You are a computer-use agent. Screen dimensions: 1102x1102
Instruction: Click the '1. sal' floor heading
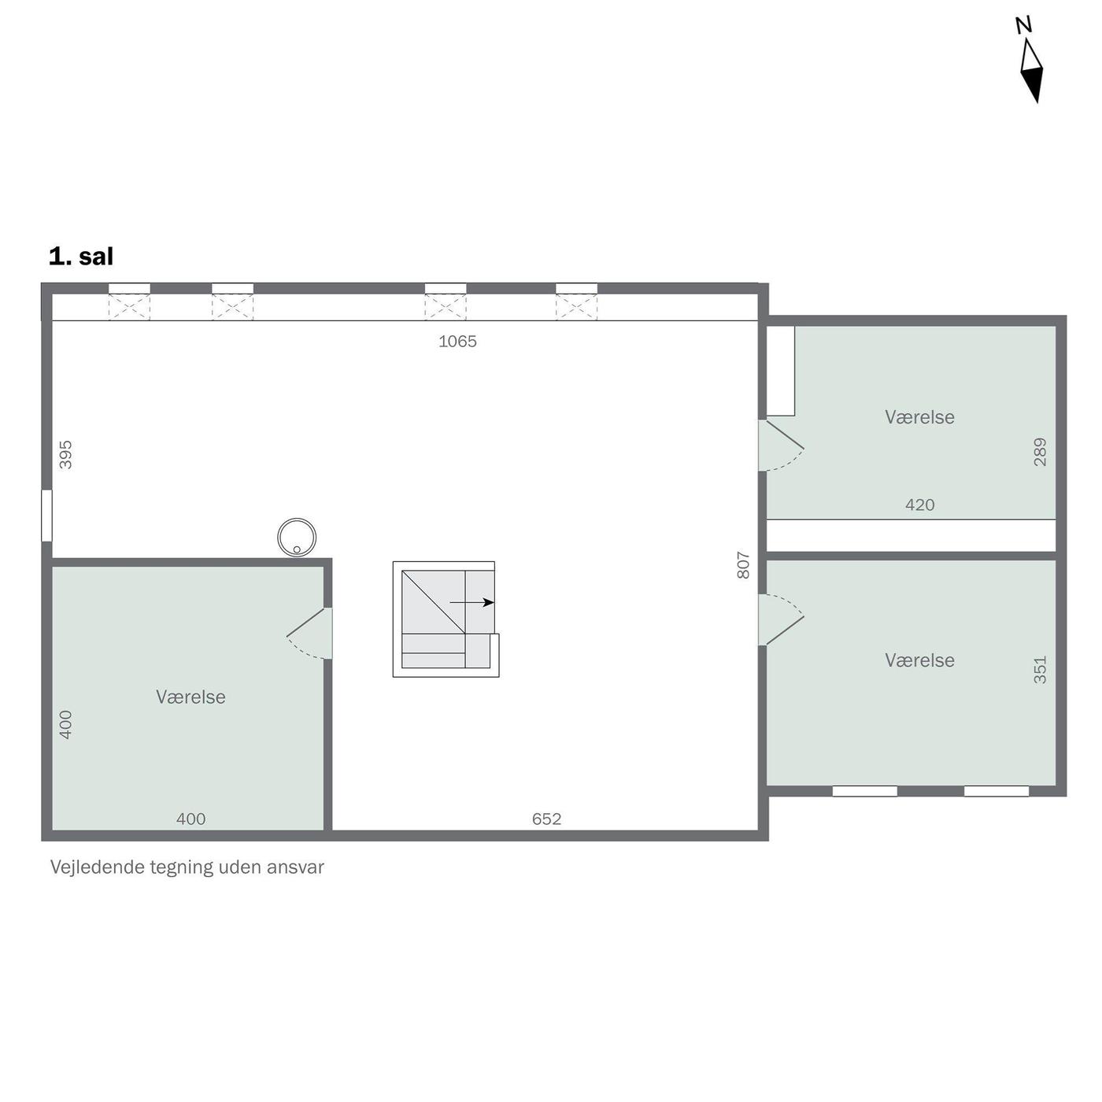click(81, 257)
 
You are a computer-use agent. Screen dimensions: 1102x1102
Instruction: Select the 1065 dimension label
click(457, 342)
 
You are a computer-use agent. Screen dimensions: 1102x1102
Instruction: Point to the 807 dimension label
click(743, 565)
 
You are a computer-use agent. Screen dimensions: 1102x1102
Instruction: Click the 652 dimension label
click(546, 819)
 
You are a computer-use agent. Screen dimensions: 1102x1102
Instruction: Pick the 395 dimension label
click(66, 454)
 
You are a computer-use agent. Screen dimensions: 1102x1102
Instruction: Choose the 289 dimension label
click(1041, 452)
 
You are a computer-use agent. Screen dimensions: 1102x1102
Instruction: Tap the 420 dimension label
click(919, 505)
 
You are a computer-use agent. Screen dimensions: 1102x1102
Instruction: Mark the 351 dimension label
click(1041, 670)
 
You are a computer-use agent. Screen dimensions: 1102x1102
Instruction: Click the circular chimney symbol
click(297, 537)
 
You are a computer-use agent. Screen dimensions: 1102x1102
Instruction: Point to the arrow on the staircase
click(471, 602)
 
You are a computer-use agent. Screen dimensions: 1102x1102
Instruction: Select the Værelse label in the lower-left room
click(190, 697)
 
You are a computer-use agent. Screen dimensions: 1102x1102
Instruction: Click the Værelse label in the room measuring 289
click(919, 417)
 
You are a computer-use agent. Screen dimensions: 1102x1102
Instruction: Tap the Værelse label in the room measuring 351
click(919, 660)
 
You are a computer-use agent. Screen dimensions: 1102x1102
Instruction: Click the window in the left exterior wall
click(47, 516)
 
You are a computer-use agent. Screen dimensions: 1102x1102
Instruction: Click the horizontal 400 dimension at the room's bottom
click(190, 819)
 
